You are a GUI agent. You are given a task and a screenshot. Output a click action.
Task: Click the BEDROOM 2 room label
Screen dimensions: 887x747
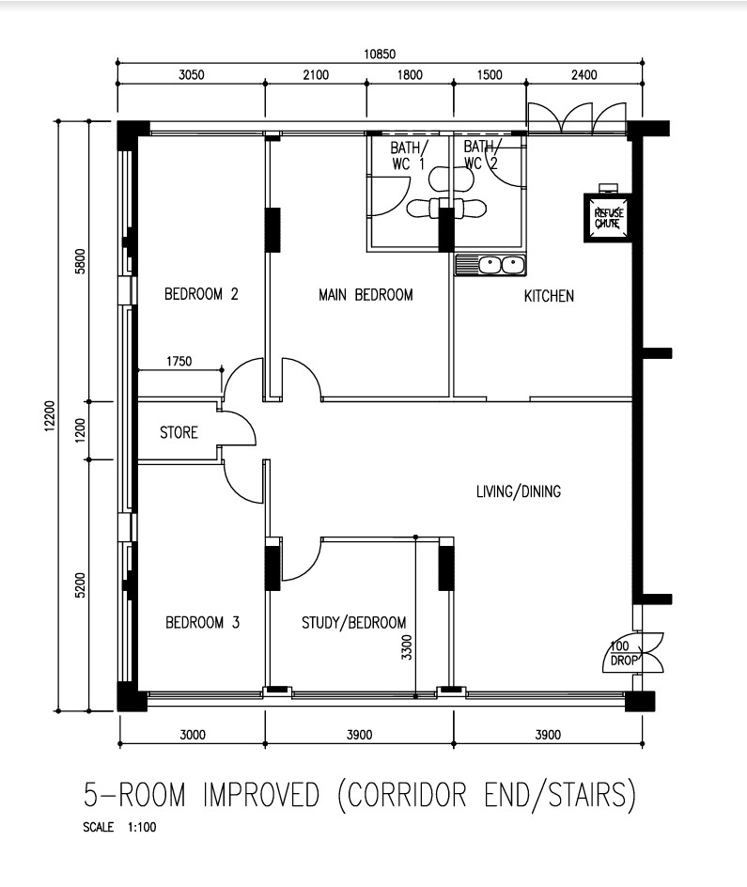pyautogui.click(x=201, y=294)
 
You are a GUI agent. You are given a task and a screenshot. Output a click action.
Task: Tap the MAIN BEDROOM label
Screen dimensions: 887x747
pyautogui.click(x=366, y=295)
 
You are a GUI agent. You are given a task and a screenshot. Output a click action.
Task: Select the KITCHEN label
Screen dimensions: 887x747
pyautogui.click(x=549, y=296)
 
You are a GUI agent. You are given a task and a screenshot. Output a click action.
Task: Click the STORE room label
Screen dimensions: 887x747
pyautogui.click(x=179, y=433)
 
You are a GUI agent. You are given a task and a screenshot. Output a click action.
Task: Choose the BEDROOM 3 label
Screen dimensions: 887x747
pyautogui.click(x=203, y=622)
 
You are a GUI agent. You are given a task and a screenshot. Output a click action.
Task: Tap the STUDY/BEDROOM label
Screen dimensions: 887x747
pyautogui.click(x=353, y=623)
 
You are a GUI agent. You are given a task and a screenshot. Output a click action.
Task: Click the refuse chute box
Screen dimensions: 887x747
pyautogui.click(x=607, y=218)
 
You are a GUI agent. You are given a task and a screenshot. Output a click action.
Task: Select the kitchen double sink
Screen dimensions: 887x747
pyautogui.click(x=490, y=265)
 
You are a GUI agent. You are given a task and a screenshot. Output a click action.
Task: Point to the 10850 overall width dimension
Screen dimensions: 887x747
pyautogui.click(x=381, y=54)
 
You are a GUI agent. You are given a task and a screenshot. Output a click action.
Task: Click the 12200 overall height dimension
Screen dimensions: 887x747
pyautogui.click(x=49, y=417)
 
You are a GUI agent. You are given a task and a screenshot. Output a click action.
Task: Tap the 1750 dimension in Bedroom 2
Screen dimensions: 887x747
pyautogui.click(x=179, y=360)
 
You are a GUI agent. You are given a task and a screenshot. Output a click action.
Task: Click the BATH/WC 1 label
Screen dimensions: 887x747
pyautogui.click(x=409, y=155)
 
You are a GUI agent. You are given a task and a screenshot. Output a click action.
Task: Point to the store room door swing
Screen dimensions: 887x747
pyautogui.click(x=240, y=428)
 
